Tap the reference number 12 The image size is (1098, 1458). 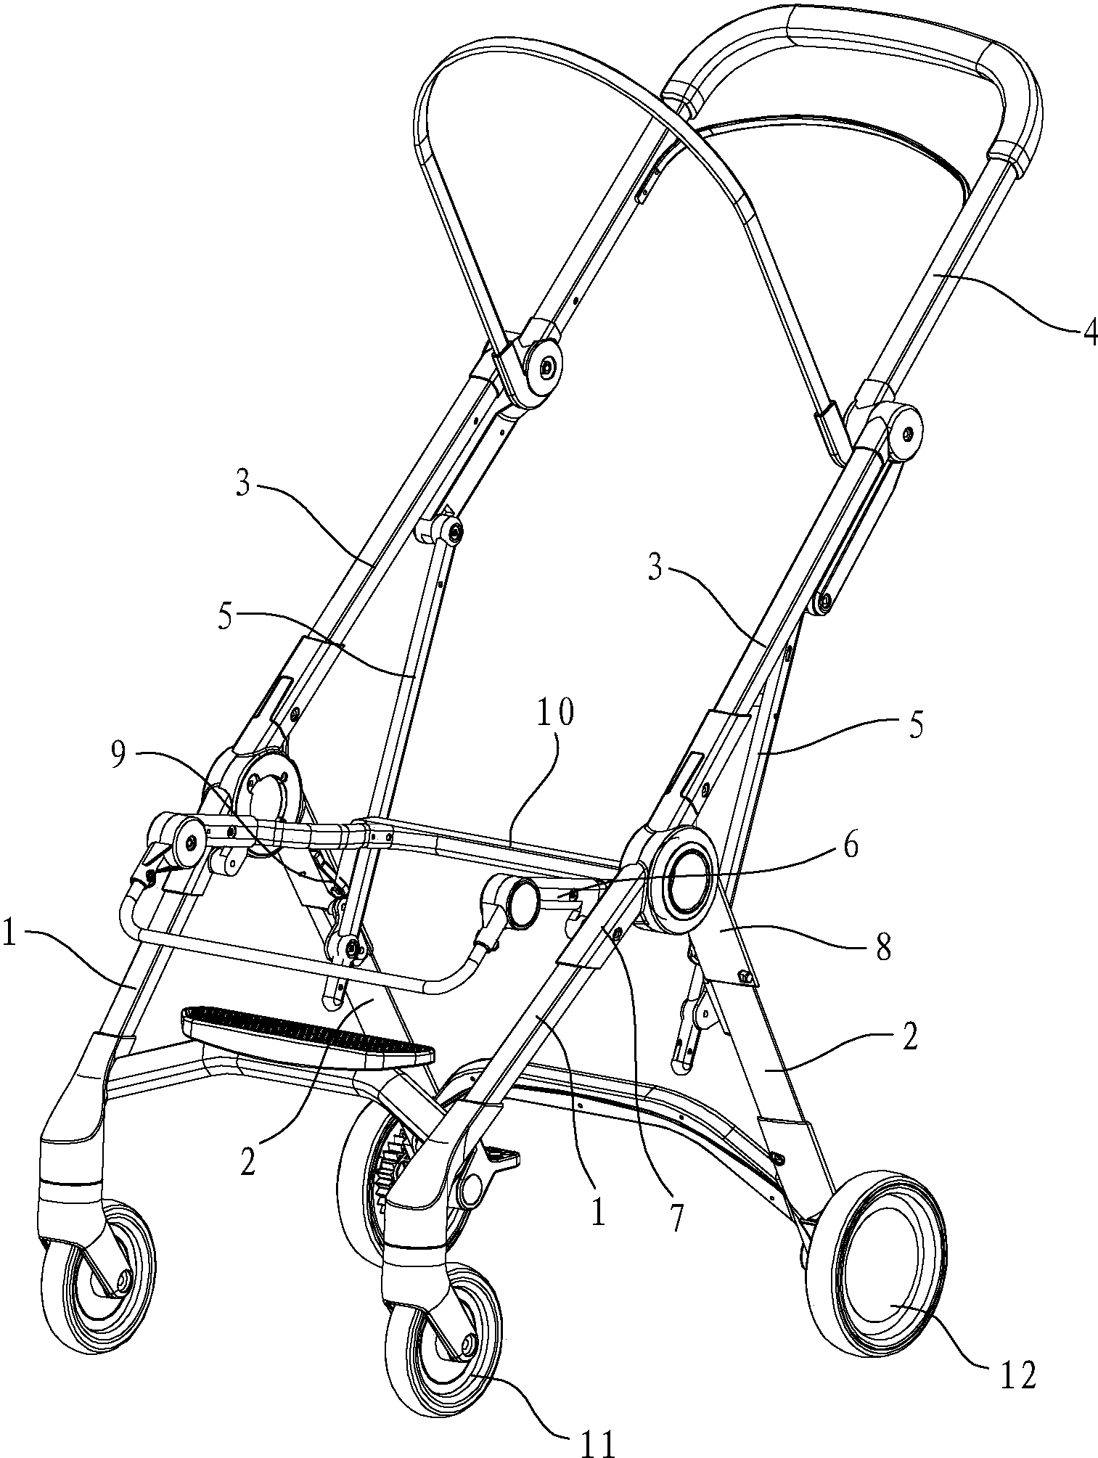(x=1019, y=1374)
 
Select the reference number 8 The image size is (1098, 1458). (x=884, y=947)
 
